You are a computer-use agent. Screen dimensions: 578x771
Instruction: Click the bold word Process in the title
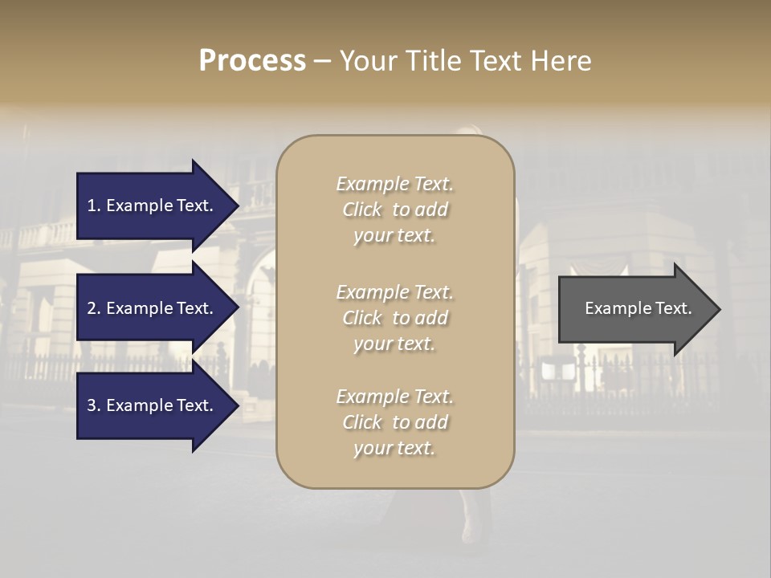(252, 61)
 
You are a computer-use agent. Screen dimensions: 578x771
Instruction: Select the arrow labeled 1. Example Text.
(153, 206)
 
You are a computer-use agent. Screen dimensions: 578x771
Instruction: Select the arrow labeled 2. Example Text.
(153, 308)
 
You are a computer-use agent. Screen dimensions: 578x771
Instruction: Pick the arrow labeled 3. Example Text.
(153, 406)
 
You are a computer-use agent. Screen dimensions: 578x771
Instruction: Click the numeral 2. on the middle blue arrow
(94, 308)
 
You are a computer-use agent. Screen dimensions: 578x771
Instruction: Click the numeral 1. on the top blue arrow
(94, 206)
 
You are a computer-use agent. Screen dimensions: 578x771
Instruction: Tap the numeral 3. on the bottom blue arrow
(94, 406)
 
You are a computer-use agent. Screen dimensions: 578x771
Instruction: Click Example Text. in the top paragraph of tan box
(394, 184)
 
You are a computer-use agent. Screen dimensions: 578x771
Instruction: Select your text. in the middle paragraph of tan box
(394, 344)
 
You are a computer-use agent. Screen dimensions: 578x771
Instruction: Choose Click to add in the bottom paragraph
(394, 422)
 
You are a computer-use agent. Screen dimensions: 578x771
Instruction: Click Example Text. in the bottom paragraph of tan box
(394, 397)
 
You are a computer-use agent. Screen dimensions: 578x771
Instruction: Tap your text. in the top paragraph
(394, 236)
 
